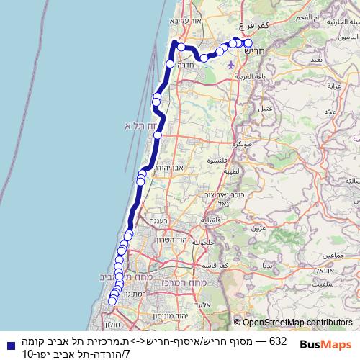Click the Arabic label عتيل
(x=269, y=107)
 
